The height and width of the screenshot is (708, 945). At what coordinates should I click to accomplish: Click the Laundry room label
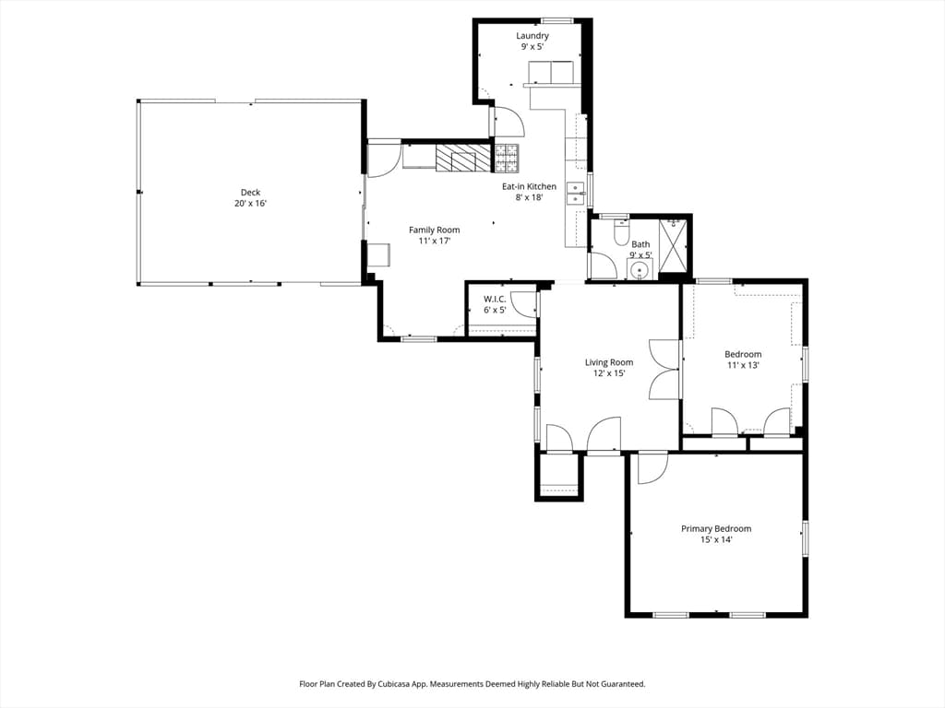pos(532,36)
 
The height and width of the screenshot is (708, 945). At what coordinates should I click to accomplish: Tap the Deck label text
pos(251,193)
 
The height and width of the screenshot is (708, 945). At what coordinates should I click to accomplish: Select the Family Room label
pos(435,230)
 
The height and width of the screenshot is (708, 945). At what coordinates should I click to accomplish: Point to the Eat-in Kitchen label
pos(529,186)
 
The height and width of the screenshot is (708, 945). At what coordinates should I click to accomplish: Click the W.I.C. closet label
pos(495,300)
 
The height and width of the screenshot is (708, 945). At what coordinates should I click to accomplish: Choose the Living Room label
pos(609,362)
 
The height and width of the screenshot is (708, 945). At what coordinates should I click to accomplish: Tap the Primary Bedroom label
pos(716,528)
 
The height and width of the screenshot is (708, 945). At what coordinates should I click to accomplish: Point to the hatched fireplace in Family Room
pos(463,158)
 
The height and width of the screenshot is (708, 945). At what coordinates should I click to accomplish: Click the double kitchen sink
pos(576,194)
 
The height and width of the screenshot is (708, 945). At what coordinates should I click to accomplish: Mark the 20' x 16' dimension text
pos(251,204)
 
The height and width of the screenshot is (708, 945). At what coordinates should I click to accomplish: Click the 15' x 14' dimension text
pos(716,539)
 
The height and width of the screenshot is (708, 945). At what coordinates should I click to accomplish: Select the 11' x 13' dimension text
pos(743,365)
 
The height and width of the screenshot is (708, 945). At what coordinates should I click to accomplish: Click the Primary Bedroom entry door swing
pos(653,467)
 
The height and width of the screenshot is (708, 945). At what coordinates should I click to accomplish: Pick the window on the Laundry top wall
pos(556,21)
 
